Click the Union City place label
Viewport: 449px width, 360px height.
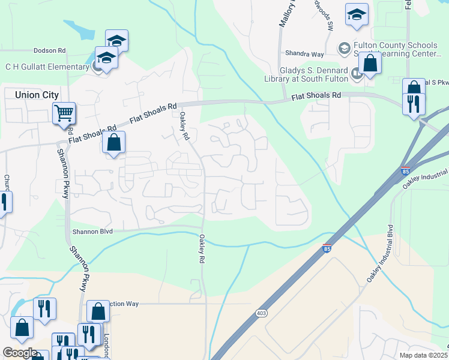(32, 95)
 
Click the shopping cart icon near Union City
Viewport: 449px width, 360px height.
(64, 112)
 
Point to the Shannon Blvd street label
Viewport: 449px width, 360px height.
(92, 231)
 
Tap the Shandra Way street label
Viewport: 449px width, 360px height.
(304, 53)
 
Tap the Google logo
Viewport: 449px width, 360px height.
(20, 353)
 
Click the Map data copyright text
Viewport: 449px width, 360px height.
(423, 355)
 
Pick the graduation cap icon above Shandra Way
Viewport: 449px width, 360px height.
(357, 16)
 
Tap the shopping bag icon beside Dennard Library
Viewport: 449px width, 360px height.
(370, 64)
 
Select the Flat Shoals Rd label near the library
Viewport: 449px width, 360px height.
(316, 96)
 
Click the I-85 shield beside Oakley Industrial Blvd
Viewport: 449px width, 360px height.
(405, 171)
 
